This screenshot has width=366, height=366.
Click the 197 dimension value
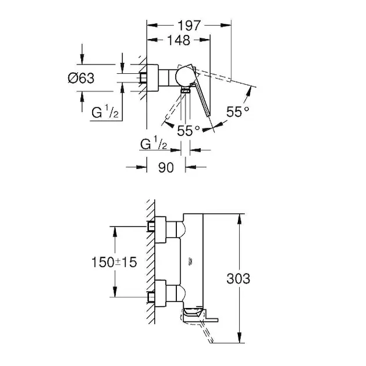(x=189, y=26)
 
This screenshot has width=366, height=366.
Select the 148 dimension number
(x=179, y=41)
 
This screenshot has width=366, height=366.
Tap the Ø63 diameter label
(x=81, y=78)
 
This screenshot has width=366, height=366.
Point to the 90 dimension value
(x=166, y=167)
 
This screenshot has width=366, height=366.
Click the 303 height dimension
(x=238, y=279)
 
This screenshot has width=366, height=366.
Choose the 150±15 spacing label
(x=114, y=262)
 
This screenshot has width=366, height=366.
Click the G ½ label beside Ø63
(x=105, y=112)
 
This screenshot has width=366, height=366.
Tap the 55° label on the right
(x=238, y=112)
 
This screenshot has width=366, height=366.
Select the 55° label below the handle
(x=188, y=131)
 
